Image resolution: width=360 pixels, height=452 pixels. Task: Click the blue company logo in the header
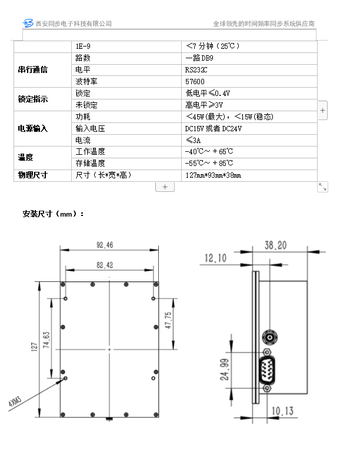coord(28,23)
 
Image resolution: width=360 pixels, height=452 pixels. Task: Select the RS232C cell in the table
coord(196,70)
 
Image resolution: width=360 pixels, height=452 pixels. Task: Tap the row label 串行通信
coord(33,70)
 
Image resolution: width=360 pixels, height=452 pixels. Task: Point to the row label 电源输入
coord(33,128)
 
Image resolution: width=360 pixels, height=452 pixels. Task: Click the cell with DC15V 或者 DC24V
coord(213,128)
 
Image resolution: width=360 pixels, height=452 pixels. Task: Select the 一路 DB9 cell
coord(199,58)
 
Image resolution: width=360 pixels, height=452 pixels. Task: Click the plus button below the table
coord(165,187)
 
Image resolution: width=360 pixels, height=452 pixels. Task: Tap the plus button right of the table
coord(323,111)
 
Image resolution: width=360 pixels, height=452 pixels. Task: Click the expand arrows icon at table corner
coord(322,187)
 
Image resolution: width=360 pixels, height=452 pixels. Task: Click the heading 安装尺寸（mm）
coord(54,214)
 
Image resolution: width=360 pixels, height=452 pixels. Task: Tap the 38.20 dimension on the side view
coord(276,245)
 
